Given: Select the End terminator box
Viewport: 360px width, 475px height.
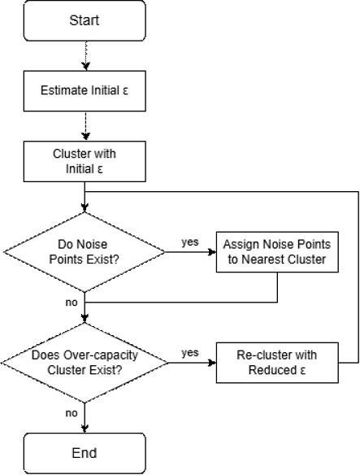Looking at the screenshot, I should [85, 452].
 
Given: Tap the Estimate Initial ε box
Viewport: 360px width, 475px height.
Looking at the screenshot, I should [85, 90].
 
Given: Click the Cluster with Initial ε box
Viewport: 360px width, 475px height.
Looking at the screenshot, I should [85, 160].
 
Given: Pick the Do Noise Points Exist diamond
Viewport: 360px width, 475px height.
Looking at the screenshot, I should [85, 253].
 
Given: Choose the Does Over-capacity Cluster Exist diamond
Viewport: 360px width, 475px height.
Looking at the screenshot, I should [85, 362].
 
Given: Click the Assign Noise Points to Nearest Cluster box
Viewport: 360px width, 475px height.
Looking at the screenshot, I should [278, 253].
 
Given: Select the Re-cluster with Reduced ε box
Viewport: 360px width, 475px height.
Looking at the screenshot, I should [278, 362].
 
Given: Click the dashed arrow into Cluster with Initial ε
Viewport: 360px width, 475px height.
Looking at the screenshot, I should [85, 125].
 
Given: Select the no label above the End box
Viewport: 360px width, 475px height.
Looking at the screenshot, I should [70, 412].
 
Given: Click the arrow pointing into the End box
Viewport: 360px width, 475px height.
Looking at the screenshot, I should [85, 419].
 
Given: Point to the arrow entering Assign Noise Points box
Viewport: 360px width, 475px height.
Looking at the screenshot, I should [191, 253].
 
